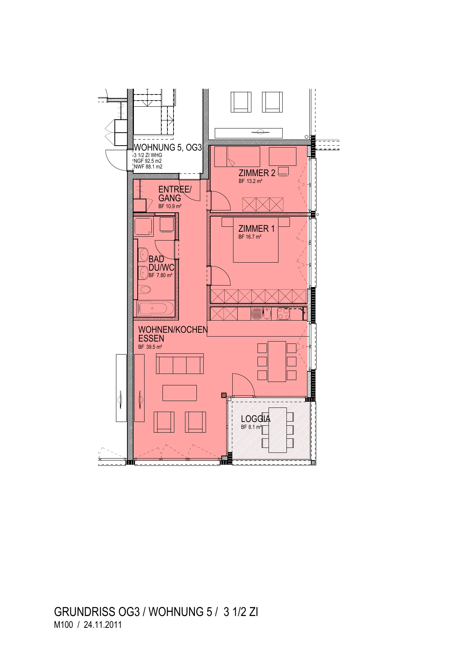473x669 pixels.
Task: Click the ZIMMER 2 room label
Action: click(257, 173)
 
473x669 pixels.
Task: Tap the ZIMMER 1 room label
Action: click(256, 229)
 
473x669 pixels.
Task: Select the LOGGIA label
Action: click(256, 419)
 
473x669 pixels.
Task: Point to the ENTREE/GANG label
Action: click(175, 194)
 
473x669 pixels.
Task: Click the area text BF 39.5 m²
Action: click(150, 347)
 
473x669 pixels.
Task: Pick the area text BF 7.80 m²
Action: click(161, 275)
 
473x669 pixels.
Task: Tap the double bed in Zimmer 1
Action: click(256, 240)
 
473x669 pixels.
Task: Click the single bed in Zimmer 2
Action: click(237, 157)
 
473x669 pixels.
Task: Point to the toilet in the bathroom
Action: click(144, 290)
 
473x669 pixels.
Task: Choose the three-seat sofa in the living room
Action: click(180, 364)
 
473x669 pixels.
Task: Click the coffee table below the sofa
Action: click(180, 393)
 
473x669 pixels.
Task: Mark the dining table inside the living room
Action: click(277, 361)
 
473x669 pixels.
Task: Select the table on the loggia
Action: click(278, 430)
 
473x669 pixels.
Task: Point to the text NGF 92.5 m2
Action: click(148, 161)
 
